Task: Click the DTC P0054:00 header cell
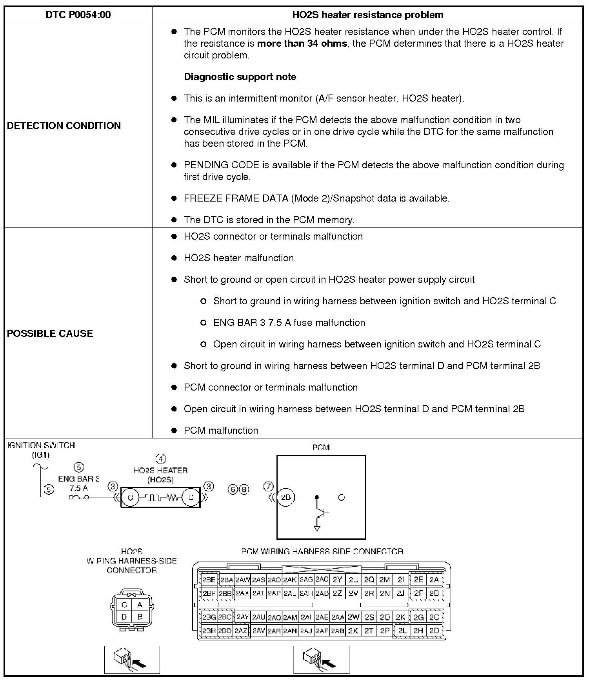tap(78, 15)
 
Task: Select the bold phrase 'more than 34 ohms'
tap(302, 44)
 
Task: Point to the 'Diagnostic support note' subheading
tap(240, 77)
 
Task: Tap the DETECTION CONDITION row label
tap(64, 125)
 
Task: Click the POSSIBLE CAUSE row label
tap(50, 333)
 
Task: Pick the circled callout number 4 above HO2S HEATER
tap(160, 458)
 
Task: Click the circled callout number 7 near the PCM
tap(268, 487)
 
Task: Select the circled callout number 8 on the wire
tap(244, 489)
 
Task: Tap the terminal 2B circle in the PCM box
tap(285, 497)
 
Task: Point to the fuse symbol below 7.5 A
tap(78, 498)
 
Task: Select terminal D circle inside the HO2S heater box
tap(191, 498)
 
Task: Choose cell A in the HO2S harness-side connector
tap(140, 605)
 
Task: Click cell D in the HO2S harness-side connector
tap(124, 616)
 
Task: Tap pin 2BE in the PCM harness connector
tap(209, 580)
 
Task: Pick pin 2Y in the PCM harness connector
tap(337, 580)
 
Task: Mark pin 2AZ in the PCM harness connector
tap(241, 631)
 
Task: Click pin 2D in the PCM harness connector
tap(434, 631)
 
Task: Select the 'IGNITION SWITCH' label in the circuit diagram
tap(41, 445)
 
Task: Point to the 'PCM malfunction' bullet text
tap(221, 431)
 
